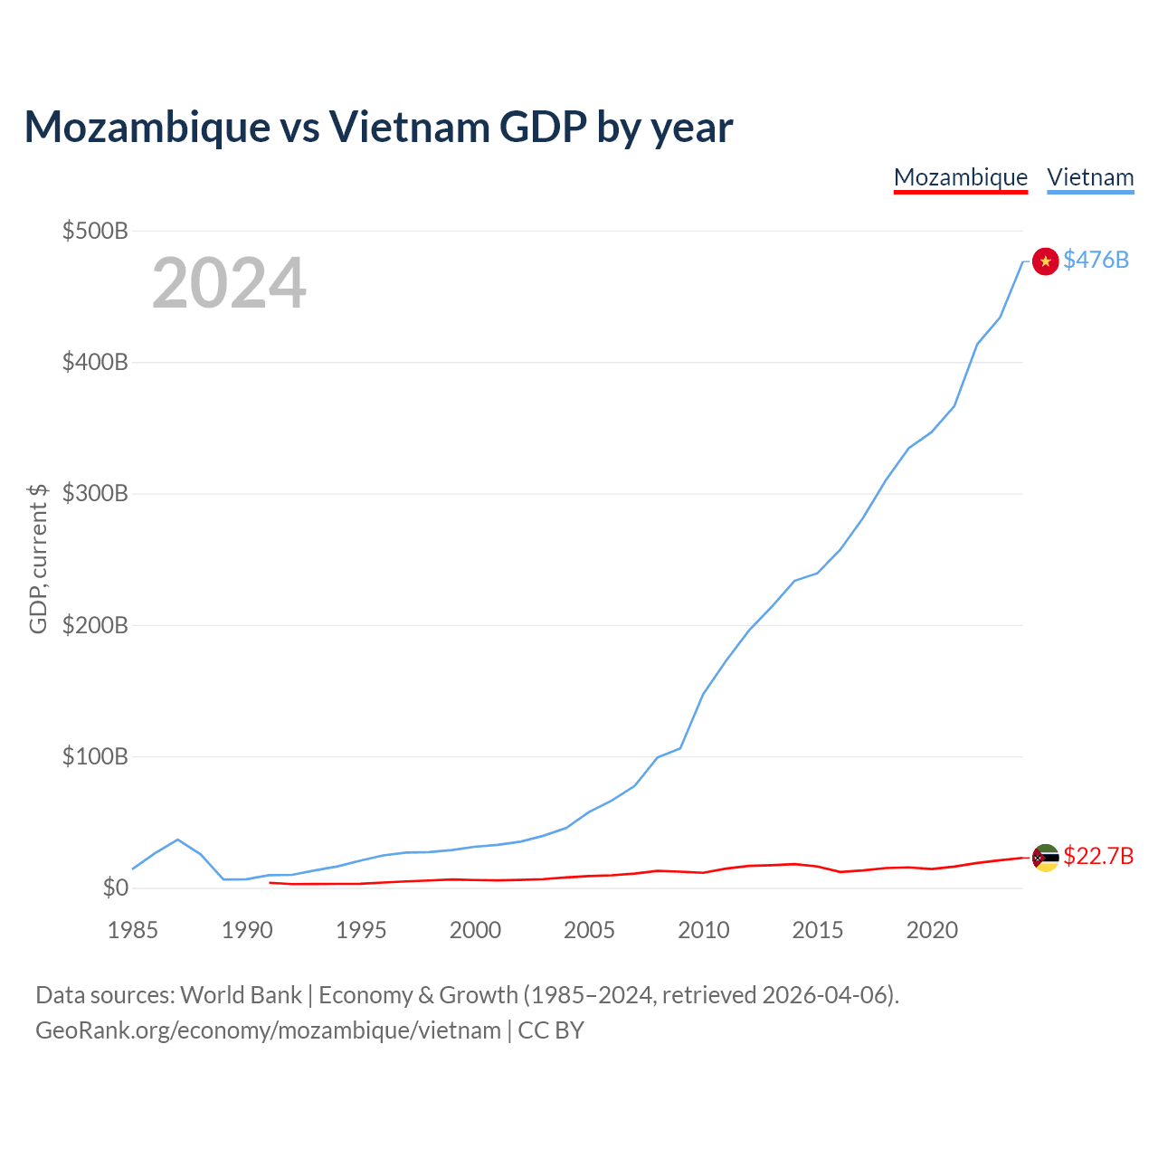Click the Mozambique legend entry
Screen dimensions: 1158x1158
pyautogui.click(x=960, y=178)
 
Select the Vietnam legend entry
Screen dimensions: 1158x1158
pyautogui.click(x=1090, y=178)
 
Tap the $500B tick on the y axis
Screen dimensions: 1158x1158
pyautogui.click(x=95, y=231)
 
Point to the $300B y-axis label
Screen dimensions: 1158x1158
pyautogui.click(x=95, y=493)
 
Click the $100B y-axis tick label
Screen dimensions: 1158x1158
pyautogui.click(x=95, y=756)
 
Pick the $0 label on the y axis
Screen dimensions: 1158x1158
pyautogui.click(x=116, y=887)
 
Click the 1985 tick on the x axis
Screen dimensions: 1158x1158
pyautogui.click(x=132, y=930)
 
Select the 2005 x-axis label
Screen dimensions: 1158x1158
pyautogui.click(x=589, y=930)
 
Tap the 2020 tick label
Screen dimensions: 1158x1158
pyautogui.click(x=932, y=930)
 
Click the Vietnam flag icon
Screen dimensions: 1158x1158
pyautogui.click(x=1045, y=261)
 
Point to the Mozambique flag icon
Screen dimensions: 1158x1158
pyautogui.click(x=1045, y=859)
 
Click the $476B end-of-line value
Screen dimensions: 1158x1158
pyautogui.click(x=1096, y=261)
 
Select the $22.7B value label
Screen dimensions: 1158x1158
pyautogui.click(x=1098, y=857)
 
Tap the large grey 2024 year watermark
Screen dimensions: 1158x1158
pyautogui.click(x=229, y=282)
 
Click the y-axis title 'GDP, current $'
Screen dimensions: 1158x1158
pyautogui.click(x=37, y=559)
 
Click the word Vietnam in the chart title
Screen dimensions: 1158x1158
pyautogui.click(x=409, y=128)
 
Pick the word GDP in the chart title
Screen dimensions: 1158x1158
pyautogui.click(x=543, y=128)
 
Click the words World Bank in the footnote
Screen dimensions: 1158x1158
pyautogui.click(x=241, y=995)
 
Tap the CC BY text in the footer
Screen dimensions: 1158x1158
pyautogui.click(x=551, y=1030)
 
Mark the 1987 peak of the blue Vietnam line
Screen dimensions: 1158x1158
pyautogui.click(x=178, y=840)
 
